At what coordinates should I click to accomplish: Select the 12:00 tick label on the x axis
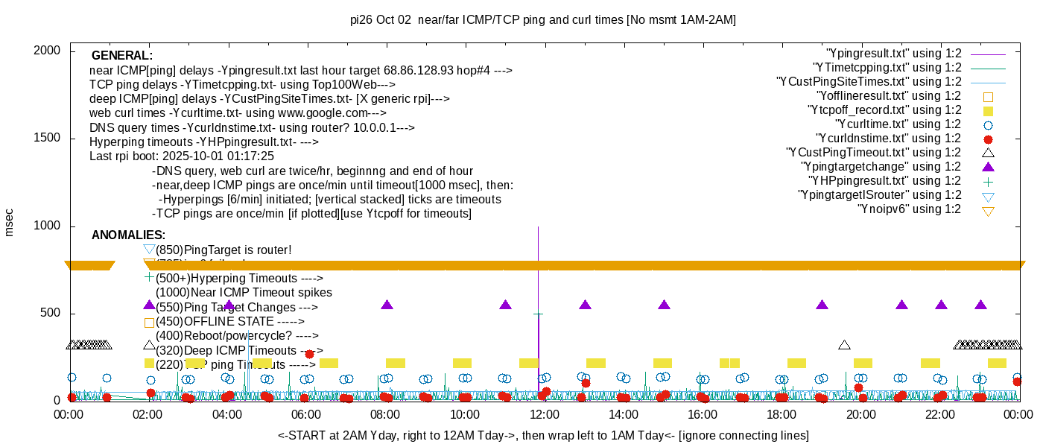(x=545, y=415)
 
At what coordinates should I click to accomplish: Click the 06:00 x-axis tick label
(x=306, y=415)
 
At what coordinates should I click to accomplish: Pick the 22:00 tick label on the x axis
(x=941, y=415)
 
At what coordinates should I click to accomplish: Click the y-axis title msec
(x=10, y=222)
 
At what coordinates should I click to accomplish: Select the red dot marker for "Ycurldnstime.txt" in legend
(x=988, y=139)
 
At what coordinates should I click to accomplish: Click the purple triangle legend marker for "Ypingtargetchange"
(x=988, y=167)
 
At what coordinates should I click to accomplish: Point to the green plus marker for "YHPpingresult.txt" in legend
(x=988, y=181)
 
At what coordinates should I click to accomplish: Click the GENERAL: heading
(x=122, y=56)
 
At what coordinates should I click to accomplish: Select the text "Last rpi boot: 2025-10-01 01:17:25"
(x=182, y=156)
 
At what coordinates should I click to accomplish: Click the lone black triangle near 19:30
(x=844, y=345)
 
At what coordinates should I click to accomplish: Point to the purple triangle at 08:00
(x=387, y=305)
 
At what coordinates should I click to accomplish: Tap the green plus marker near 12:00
(x=538, y=314)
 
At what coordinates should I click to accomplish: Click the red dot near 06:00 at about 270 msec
(x=309, y=354)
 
